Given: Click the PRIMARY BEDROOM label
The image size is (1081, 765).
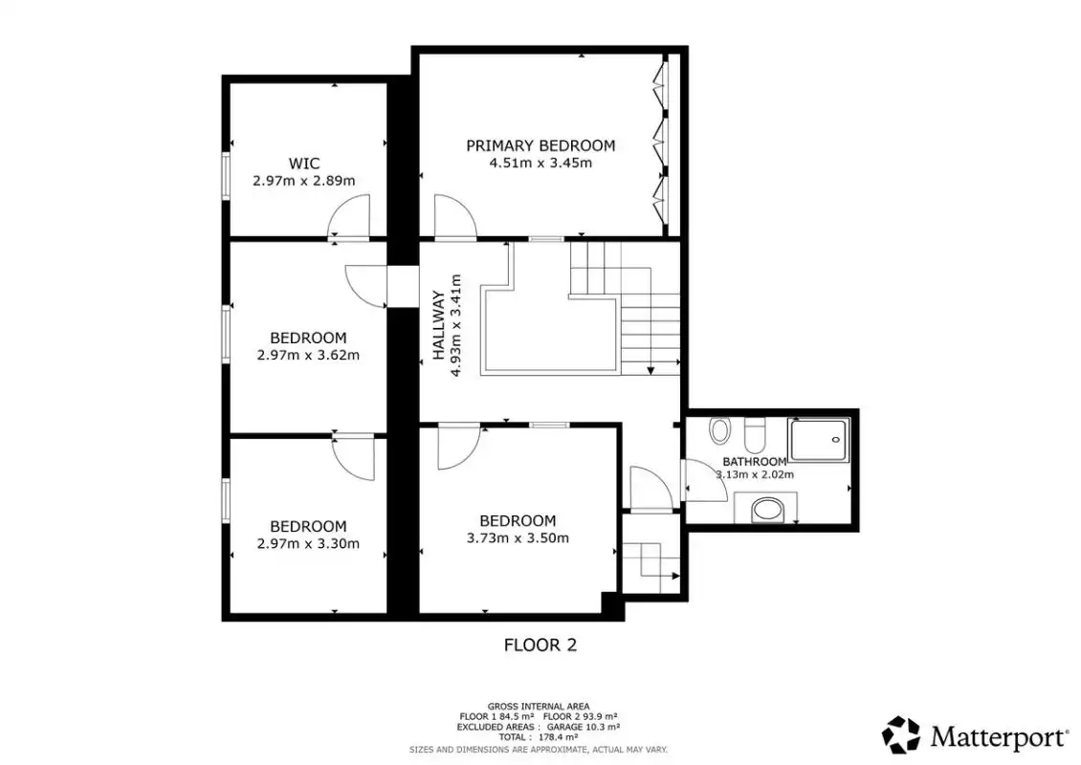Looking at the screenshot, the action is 540,145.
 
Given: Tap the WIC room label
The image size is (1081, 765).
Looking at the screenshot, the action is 304,164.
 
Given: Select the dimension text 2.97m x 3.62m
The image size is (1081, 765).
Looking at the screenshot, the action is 308,356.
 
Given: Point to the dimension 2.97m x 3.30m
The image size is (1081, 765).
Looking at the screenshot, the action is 308,544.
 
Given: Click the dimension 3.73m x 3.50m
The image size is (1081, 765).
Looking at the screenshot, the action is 518,538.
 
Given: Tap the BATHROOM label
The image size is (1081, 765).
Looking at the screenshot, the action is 754,462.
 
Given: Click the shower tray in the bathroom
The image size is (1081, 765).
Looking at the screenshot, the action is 818,440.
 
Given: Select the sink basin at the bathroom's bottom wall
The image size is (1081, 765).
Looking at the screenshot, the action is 766,510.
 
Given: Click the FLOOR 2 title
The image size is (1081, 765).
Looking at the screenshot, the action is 540,645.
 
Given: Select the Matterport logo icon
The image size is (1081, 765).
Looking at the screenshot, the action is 901,735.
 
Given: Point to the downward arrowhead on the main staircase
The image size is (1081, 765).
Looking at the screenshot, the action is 651,370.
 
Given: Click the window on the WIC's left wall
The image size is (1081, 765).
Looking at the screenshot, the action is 226,177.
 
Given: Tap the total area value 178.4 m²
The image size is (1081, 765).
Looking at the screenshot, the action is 559,736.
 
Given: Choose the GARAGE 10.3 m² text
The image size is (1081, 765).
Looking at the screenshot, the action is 584,727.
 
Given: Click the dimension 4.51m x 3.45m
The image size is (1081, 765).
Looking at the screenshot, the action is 540,164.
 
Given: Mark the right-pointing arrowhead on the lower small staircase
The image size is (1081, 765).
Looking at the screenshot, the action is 675,576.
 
